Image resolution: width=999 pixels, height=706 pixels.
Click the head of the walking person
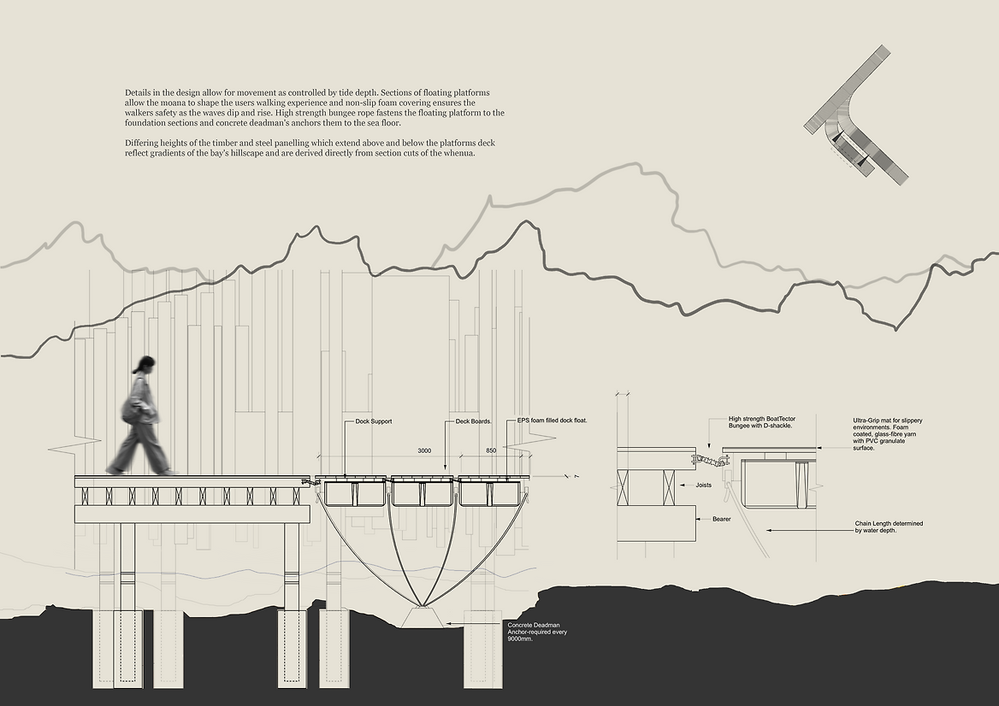click(145, 365)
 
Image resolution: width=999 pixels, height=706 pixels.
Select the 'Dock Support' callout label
click(374, 421)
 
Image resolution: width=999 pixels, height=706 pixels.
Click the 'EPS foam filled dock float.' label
click(552, 421)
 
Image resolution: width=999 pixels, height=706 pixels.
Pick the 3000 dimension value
click(424, 450)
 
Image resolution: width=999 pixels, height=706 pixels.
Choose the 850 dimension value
click(490, 450)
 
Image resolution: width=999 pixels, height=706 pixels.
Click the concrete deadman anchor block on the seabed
click(423, 618)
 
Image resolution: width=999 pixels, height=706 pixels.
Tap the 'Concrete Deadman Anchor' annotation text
click(537, 632)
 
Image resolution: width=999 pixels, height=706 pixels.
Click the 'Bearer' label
click(721, 519)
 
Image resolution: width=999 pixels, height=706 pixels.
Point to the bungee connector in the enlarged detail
click(708, 461)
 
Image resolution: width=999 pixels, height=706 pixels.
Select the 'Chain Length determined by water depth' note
click(889, 527)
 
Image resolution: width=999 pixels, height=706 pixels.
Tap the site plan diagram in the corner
click(856, 116)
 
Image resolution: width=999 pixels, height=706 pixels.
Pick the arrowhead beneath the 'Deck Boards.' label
click(446, 469)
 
